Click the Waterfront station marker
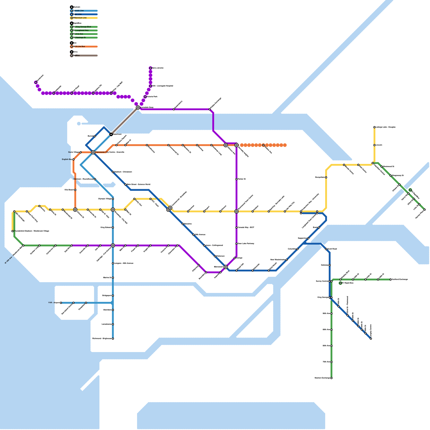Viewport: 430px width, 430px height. [x=111, y=134]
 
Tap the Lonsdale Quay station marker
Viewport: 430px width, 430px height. [x=138, y=107]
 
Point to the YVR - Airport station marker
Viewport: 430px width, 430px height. [x=61, y=303]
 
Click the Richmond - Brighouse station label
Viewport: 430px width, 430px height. [x=102, y=339]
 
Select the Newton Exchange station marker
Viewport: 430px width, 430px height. [x=331, y=378]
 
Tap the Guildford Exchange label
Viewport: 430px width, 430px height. [x=400, y=279]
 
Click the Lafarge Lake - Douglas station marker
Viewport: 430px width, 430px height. [x=374, y=127]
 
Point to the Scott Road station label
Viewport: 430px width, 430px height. [x=332, y=249]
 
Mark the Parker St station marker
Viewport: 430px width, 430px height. [x=236, y=179]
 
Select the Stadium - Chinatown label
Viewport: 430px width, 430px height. [x=123, y=172]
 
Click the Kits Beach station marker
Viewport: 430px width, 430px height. [x=75, y=190]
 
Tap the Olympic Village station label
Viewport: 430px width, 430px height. [x=105, y=199]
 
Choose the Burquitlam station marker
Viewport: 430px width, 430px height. [x=326, y=177]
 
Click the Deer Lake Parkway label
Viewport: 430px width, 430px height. [x=246, y=244]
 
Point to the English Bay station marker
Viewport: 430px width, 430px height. [x=73, y=159]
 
